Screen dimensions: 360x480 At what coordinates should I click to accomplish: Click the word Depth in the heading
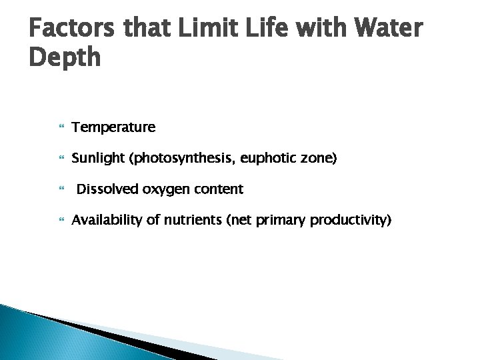[x=65, y=58]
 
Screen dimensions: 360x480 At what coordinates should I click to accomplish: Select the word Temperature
[x=113, y=127]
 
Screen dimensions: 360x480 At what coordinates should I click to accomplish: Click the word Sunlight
[x=99, y=158]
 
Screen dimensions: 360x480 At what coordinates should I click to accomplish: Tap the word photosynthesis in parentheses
[x=176, y=158]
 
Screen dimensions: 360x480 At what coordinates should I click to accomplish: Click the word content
[x=219, y=189]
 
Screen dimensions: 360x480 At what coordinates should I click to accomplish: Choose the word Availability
[x=107, y=221]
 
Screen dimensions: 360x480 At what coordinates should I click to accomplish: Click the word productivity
[x=351, y=221]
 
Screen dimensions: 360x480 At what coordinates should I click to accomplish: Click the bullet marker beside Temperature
[x=61, y=127]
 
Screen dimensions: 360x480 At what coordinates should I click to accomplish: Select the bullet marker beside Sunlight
[x=61, y=159]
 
